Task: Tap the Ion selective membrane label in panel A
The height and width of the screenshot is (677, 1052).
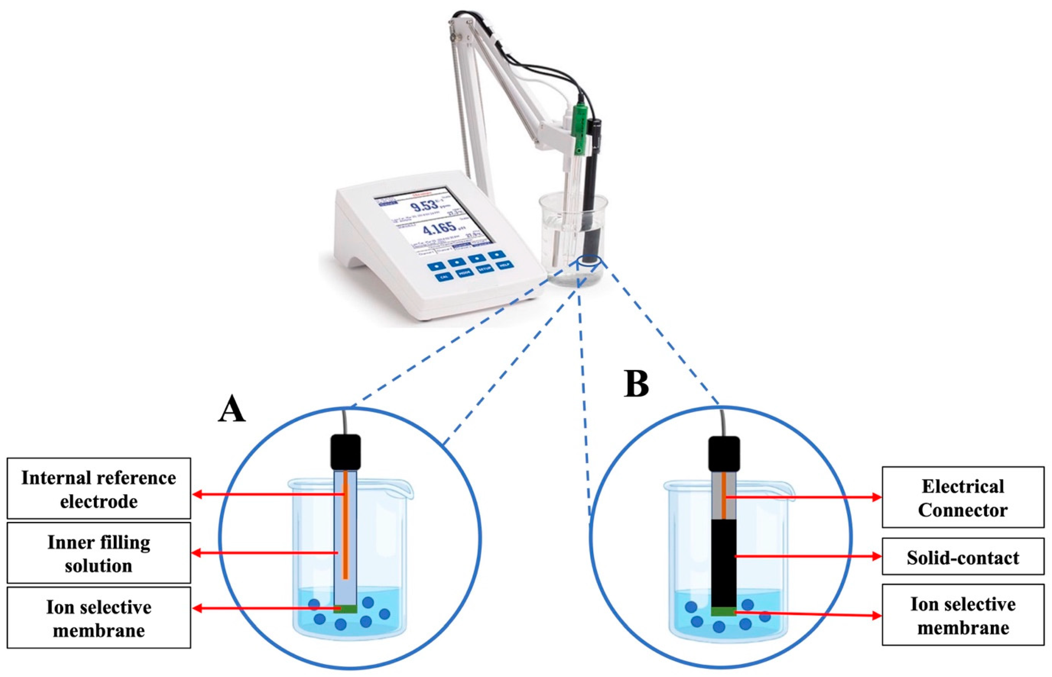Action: pos(99,618)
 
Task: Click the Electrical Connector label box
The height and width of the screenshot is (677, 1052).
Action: pos(963,498)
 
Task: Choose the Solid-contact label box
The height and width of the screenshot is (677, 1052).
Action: pos(963,557)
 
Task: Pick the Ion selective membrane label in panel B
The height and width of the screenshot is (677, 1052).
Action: pos(963,615)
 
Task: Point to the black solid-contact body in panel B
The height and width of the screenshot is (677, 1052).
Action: pos(723,563)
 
